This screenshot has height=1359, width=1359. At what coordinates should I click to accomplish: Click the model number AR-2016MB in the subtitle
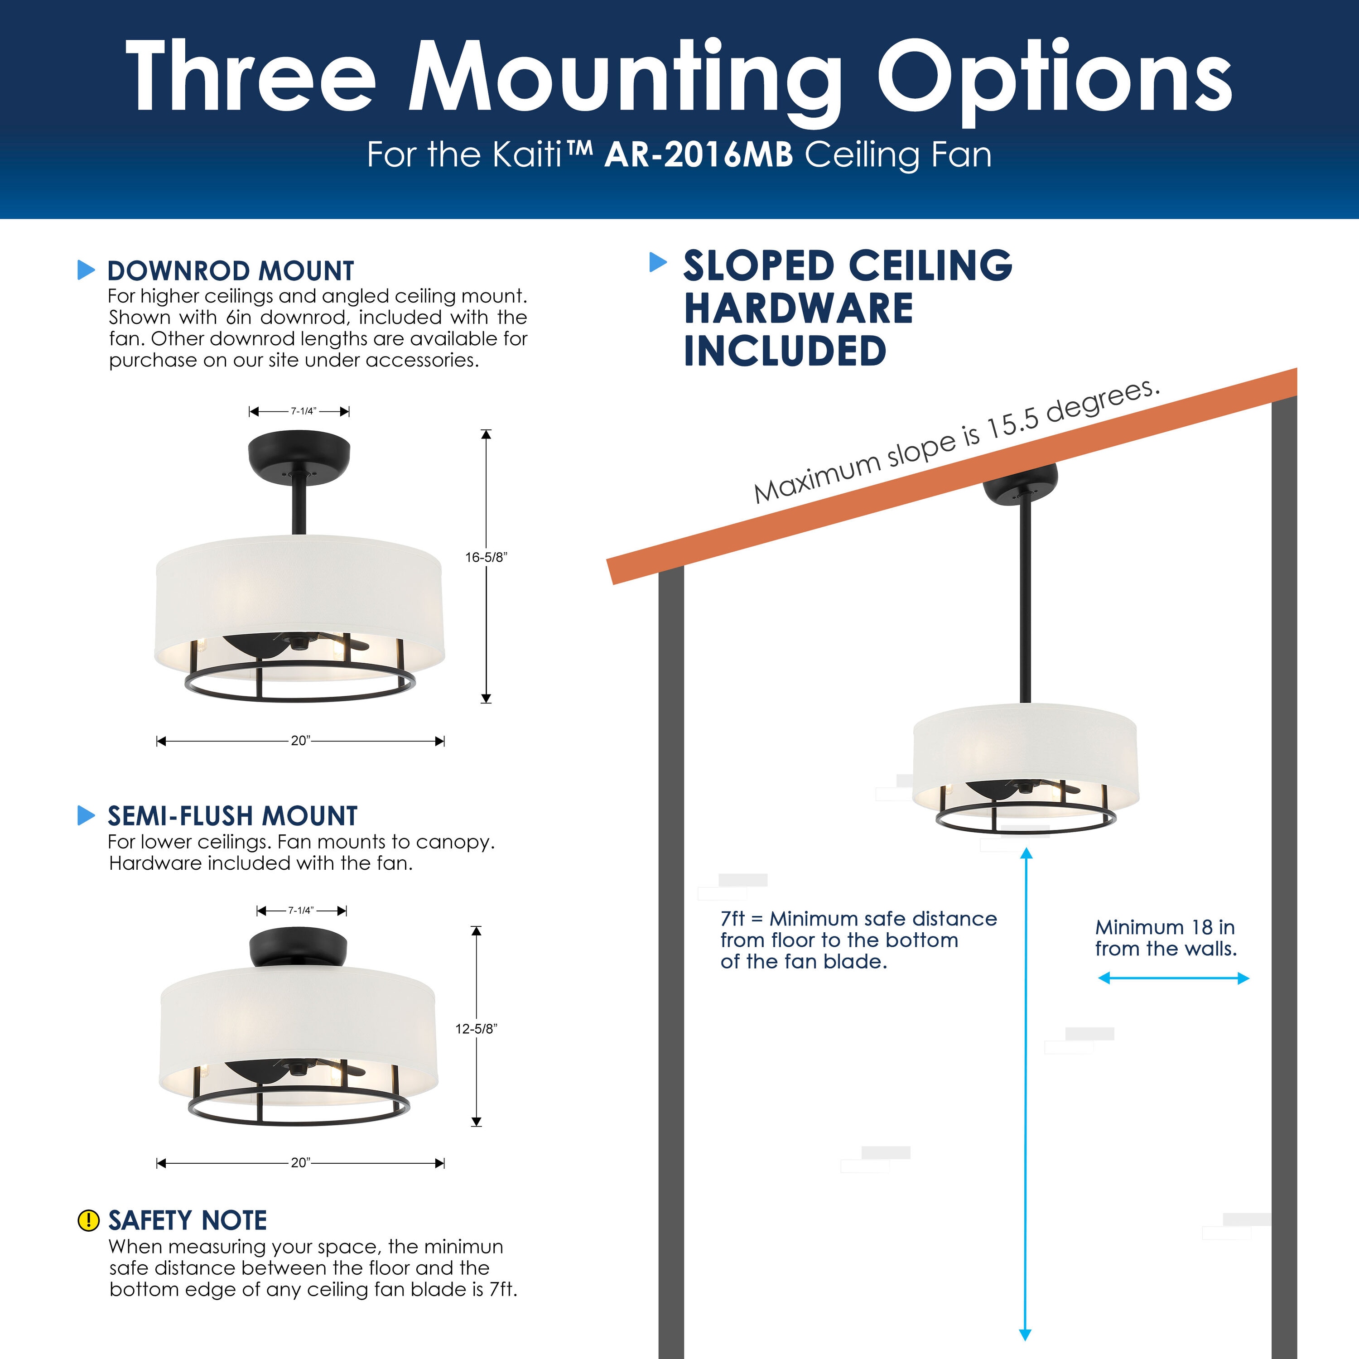(699, 155)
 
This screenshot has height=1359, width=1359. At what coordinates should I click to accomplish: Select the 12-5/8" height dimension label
(476, 1028)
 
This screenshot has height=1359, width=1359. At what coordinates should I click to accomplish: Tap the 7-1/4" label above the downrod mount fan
(303, 411)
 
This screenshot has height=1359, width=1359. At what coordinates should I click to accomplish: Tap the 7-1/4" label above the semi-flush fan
(300, 910)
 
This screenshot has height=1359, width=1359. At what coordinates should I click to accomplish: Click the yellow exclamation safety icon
(88, 1220)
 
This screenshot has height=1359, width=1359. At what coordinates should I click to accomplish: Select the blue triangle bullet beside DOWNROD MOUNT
(86, 270)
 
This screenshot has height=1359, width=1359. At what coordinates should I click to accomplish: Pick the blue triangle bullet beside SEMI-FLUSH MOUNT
(86, 815)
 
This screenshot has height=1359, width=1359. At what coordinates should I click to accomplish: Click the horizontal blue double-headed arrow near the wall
(1173, 978)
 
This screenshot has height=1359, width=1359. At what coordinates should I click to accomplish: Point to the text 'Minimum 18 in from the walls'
(1166, 938)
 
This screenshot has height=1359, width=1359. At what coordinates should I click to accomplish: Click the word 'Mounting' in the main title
(625, 77)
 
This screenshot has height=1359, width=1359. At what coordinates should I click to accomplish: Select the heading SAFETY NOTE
(187, 1220)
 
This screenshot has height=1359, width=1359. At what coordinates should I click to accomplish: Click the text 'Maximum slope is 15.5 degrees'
(957, 441)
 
